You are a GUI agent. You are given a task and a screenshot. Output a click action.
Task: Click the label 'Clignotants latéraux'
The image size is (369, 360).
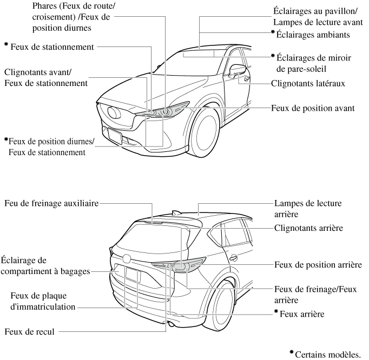pos(307,83)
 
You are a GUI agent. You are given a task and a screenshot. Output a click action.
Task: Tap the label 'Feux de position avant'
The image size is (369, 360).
pos(313,108)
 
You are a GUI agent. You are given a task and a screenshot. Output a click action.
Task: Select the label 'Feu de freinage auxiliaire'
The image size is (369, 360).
pos(51,205)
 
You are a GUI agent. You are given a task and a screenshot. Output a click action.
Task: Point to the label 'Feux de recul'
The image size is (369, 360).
pos(29,331)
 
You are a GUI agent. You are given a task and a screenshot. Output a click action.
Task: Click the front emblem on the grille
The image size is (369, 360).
pos(115,113)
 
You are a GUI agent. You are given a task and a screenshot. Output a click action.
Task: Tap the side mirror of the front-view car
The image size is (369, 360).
pos(237,71)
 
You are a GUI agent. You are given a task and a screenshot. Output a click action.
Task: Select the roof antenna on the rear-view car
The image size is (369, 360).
pos(174,212)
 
